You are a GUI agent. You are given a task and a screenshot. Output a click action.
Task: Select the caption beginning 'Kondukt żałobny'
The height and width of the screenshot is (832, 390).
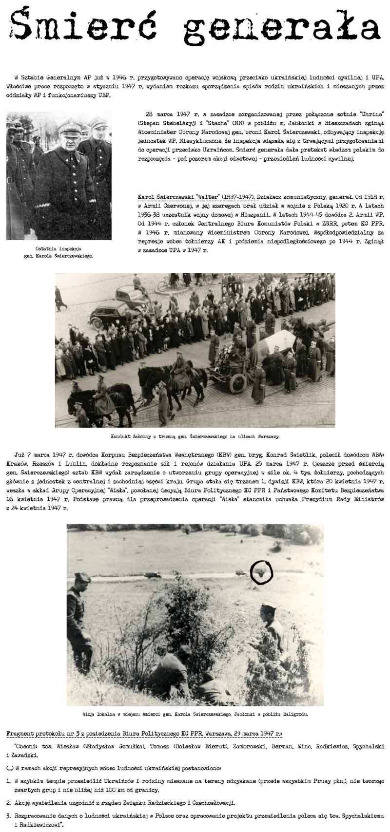point(195,436)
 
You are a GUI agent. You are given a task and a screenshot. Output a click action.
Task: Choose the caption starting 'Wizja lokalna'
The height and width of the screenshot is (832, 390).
point(195,714)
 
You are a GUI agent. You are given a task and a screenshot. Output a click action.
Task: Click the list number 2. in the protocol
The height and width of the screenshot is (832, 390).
point(9,802)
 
